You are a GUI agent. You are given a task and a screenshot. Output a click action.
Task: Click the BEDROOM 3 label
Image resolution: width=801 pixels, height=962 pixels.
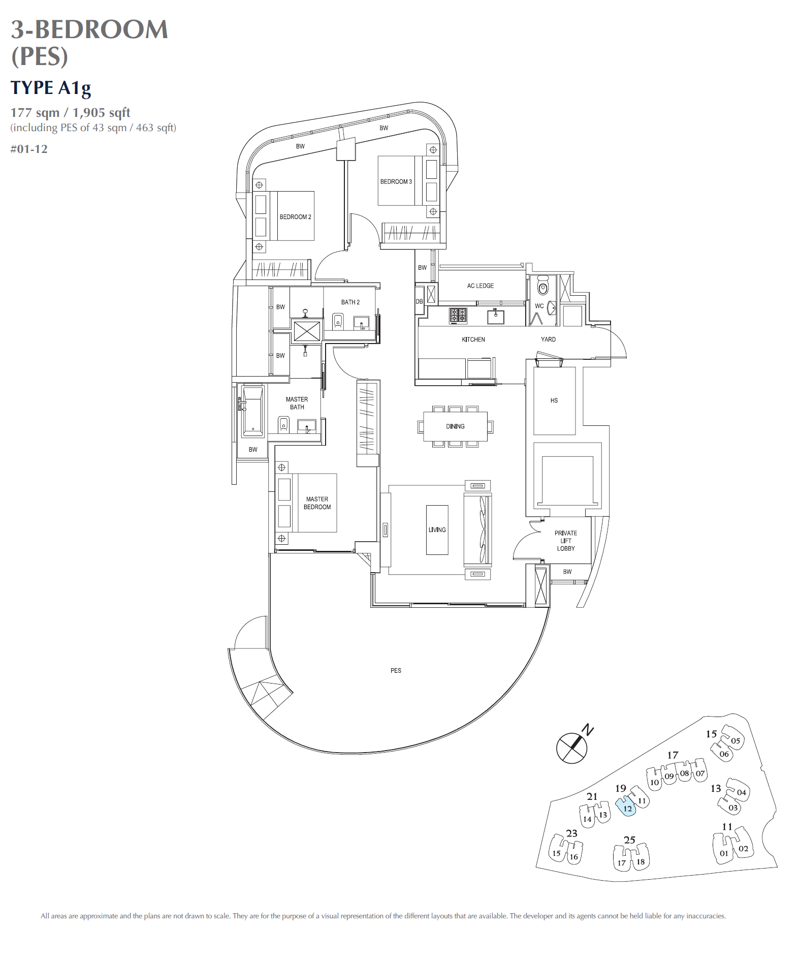[x=396, y=181]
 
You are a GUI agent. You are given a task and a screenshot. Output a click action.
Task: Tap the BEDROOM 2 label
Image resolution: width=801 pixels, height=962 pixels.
[x=295, y=217]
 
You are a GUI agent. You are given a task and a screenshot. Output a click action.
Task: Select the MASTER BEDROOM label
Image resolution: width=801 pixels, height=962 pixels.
[x=317, y=503]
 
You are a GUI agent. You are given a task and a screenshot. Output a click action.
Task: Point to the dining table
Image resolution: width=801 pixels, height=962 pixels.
[x=455, y=426]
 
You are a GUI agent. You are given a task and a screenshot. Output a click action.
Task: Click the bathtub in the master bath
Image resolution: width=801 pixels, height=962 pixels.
[x=252, y=411]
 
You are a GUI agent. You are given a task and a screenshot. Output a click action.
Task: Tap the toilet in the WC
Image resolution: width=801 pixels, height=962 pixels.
[x=543, y=287]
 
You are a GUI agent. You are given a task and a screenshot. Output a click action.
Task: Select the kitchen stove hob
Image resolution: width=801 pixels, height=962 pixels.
[x=458, y=316]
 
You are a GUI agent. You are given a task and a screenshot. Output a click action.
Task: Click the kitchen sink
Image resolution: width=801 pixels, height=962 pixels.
[x=495, y=317]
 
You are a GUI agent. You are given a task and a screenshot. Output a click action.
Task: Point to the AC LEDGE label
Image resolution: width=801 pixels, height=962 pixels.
[x=480, y=286]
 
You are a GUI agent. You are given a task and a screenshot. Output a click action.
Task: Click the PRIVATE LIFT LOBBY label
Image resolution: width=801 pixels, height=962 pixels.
[x=565, y=541]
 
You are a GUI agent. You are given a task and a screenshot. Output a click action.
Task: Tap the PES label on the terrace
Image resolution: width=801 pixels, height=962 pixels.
[x=396, y=671]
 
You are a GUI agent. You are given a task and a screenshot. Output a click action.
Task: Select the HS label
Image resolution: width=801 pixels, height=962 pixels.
[x=554, y=400]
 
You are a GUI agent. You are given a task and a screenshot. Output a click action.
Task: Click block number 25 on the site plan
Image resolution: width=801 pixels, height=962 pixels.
[x=629, y=840]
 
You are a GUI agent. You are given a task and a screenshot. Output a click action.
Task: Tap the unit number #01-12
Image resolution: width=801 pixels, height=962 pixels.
[x=29, y=149]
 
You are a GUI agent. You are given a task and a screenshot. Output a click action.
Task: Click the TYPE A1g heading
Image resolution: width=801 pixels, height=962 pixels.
[x=51, y=88]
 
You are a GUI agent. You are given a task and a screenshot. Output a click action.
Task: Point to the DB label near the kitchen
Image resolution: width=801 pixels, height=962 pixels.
[x=419, y=301]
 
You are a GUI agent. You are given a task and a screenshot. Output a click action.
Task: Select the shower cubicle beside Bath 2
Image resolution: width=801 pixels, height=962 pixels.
[x=307, y=331]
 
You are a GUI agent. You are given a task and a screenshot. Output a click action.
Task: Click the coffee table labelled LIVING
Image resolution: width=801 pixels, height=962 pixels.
[x=437, y=530]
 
